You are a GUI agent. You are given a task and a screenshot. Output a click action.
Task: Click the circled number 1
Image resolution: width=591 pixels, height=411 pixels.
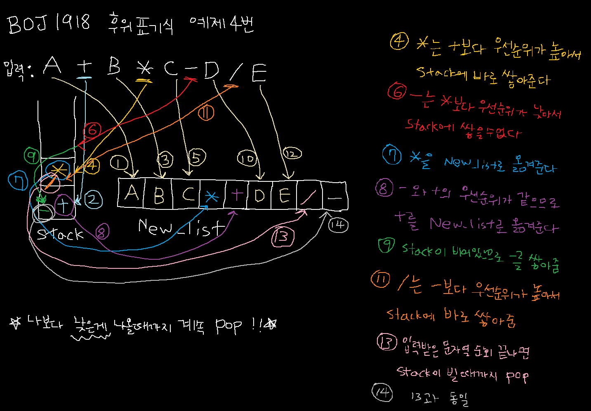pos(119,163)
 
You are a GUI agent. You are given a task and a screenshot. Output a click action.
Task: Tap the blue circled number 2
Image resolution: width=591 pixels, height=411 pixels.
pos(93,200)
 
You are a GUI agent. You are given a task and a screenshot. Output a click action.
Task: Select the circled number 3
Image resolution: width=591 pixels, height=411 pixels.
pos(165,159)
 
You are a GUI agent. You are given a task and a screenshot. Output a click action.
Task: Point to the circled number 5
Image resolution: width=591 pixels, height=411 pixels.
pos(197,157)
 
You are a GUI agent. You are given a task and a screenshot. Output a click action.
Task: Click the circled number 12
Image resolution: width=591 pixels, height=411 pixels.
pos(292,154)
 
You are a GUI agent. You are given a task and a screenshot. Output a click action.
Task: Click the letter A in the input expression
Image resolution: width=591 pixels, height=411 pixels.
pos(53,66)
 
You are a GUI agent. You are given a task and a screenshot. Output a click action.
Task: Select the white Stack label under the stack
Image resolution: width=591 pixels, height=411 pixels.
pos(60,234)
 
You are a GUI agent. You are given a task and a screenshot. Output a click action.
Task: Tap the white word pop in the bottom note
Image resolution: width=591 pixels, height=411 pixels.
pos(228,326)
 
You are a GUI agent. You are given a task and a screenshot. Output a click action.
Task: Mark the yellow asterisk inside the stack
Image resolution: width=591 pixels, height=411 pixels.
pos(59,169)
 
